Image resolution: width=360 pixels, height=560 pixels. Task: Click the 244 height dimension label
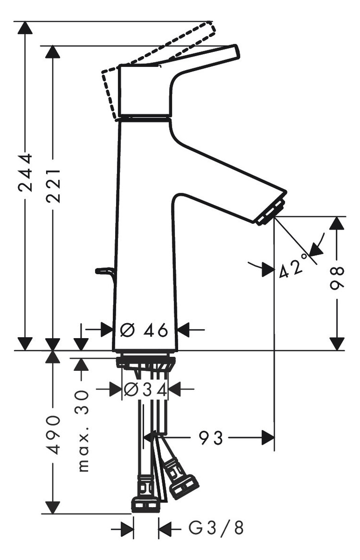point(25,173)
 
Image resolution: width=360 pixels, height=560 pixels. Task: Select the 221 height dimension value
point(53,185)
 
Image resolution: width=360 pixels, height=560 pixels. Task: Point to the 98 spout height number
point(337,279)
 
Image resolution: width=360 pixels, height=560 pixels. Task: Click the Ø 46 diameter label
point(144,330)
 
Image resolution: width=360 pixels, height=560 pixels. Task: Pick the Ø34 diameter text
point(145,390)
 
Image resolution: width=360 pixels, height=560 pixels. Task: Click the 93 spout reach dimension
point(211,438)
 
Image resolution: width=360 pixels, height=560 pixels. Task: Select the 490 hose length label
point(53,435)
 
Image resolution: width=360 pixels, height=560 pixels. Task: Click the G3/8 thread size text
point(216,529)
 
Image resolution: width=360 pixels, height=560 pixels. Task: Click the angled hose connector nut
point(184,486)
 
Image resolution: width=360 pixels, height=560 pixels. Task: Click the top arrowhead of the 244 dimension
point(25,28)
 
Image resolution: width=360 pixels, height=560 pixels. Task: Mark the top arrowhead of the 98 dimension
point(337,223)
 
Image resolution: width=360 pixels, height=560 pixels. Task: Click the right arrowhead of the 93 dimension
point(268,438)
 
